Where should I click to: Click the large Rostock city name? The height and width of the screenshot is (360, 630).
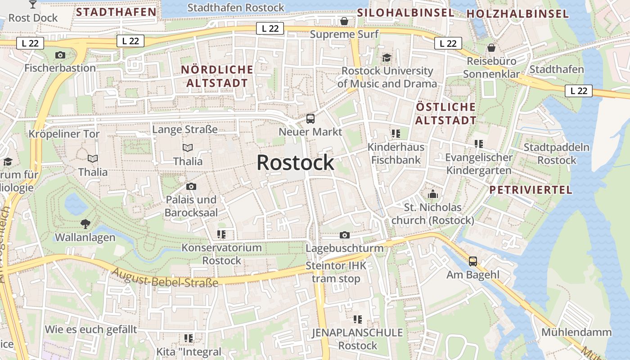pyautogui.click(x=295, y=162)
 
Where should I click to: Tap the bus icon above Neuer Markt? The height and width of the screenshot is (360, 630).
pyautogui.click(x=310, y=119)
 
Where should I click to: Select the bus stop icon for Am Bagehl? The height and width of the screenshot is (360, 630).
pyautogui.click(x=473, y=261)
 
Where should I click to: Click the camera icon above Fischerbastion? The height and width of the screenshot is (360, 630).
pyautogui.click(x=60, y=55)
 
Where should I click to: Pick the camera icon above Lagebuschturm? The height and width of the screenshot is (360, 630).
pyautogui.click(x=345, y=235)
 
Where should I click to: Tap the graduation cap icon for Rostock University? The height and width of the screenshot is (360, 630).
pyautogui.click(x=387, y=58)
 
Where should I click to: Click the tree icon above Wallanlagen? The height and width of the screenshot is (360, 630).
pyautogui.click(x=85, y=224)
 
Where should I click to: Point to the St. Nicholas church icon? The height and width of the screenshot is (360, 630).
pyautogui.click(x=433, y=194)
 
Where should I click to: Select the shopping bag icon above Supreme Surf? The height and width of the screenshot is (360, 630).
pyautogui.click(x=344, y=21)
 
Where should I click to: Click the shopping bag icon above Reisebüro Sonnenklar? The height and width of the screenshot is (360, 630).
pyautogui.click(x=491, y=48)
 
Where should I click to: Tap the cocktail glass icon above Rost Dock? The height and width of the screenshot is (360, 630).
pyautogui.click(x=33, y=4)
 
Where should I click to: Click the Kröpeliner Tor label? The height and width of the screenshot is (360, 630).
pyautogui.click(x=64, y=134)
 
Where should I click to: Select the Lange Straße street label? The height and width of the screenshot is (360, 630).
pyautogui.click(x=185, y=130)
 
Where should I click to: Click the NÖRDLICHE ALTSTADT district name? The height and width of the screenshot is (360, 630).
pyautogui.click(x=217, y=76)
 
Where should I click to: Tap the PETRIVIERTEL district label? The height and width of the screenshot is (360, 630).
pyautogui.click(x=531, y=189)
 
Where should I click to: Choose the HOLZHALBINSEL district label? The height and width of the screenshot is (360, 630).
pyautogui.click(x=517, y=14)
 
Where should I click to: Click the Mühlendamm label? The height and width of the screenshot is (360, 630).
pyautogui.click(x=576, y=333)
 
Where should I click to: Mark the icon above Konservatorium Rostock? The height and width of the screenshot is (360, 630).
pyautogui.click(x=221, y=234)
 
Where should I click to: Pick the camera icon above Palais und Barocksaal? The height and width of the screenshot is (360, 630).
pyautogui.click(x=191, y=186)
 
